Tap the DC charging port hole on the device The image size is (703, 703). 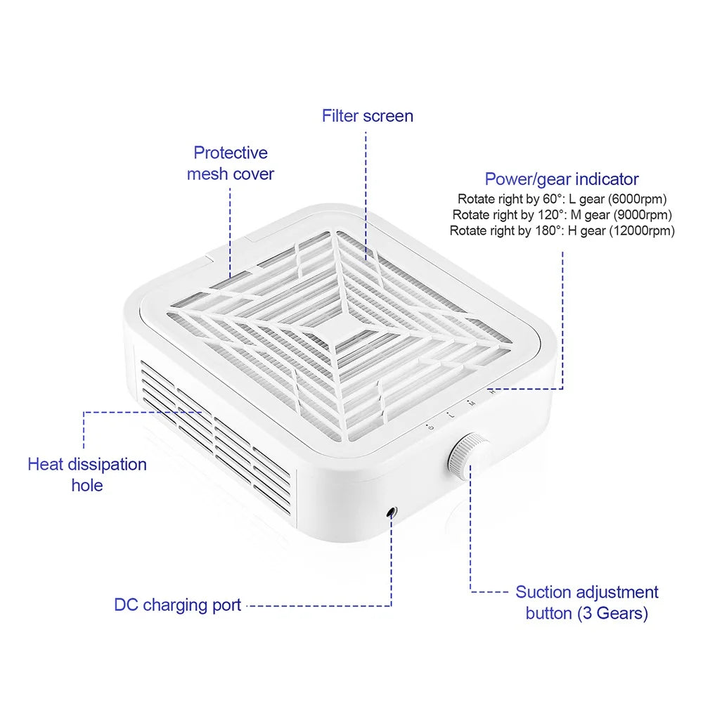(x=392, y=512)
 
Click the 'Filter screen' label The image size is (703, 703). (x=368, y=116)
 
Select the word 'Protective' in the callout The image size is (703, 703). (x=231, y=153)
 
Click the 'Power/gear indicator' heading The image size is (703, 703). (x=562, y=179)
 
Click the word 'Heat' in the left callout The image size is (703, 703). (x=44, y=465)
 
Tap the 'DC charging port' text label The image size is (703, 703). (x=178, y=605)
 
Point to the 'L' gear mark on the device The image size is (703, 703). (x=451, y=415)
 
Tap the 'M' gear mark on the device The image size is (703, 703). (x=471, y=403)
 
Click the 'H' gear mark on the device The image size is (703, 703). (x=492, y=392)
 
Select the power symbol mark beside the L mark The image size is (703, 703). (x=431, y=427)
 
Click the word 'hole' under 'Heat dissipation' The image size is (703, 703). (x=87, y=486)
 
